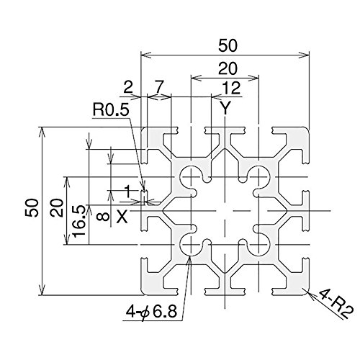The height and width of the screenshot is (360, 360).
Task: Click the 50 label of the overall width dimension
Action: [228, 45]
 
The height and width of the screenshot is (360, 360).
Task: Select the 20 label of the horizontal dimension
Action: [228, 68]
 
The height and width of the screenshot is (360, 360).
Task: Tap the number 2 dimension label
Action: [128, 87]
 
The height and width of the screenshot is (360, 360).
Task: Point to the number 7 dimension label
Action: [158, 87]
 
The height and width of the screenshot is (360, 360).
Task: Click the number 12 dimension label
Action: [231, 88]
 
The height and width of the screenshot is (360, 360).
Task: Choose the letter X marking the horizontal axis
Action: [122, 217]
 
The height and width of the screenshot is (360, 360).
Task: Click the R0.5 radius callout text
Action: [111, 110]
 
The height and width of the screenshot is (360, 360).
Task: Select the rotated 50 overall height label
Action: [32, 208]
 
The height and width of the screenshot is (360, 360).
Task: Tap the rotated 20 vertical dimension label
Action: [57, 208]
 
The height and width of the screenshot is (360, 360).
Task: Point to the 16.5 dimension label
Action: [79, 221]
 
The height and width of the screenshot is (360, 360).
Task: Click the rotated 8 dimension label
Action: [103, 217]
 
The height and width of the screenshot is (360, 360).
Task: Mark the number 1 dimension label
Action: [128, 192]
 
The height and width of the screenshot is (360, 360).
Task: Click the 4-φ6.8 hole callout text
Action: [151, 312]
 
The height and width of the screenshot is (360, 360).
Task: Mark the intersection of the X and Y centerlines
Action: [225, 211]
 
